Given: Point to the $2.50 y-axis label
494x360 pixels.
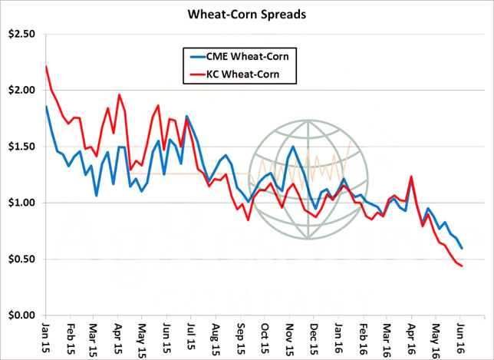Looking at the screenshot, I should pos(21,34).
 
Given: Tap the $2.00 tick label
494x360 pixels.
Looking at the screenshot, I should pos(21,90).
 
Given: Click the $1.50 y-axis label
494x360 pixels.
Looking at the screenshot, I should pos(21,147).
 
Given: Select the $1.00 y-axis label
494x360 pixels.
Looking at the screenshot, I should pos(21,203).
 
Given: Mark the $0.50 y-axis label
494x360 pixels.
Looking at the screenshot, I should pos(21,259).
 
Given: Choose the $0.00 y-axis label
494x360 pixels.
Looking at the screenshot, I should pos(21,315).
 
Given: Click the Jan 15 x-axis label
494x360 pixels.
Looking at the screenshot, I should pos(44,337).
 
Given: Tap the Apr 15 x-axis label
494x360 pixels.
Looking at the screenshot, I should pos(118,337).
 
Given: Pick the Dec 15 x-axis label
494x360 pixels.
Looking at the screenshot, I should pos(314,337).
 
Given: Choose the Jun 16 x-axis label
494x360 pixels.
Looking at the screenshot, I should pos(460,337).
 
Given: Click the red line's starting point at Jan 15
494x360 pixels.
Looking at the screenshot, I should pos(45,67).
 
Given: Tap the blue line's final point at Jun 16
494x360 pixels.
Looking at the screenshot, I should pos(461,248).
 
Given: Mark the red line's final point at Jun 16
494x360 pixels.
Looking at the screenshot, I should pos(461,266).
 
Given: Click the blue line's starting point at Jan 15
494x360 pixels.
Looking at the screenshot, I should pos(45,107).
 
